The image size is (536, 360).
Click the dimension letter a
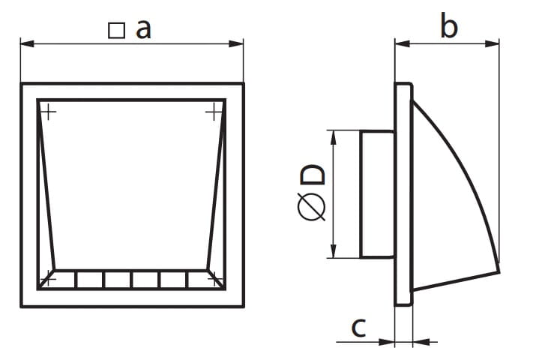(143, 29)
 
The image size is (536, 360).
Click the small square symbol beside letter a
(116, 31)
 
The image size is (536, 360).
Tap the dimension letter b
(448, 25)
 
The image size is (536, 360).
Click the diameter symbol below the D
(311, 206)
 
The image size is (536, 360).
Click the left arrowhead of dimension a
(27, 43)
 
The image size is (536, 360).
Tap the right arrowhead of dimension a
(236, 43)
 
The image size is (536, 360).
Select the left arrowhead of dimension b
(403, 43)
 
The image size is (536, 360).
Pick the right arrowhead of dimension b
(492, 43)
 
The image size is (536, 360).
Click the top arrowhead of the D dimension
(334, 137)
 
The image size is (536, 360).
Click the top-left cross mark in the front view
(49, 112)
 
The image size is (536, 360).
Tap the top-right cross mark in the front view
(214, 112)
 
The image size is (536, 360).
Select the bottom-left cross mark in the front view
(49, 280)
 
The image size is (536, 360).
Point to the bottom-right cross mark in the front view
(214, 280)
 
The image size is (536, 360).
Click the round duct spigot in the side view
(377, 193)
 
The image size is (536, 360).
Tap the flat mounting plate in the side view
(404, 194)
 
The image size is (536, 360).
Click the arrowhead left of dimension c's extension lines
(388, 341)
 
